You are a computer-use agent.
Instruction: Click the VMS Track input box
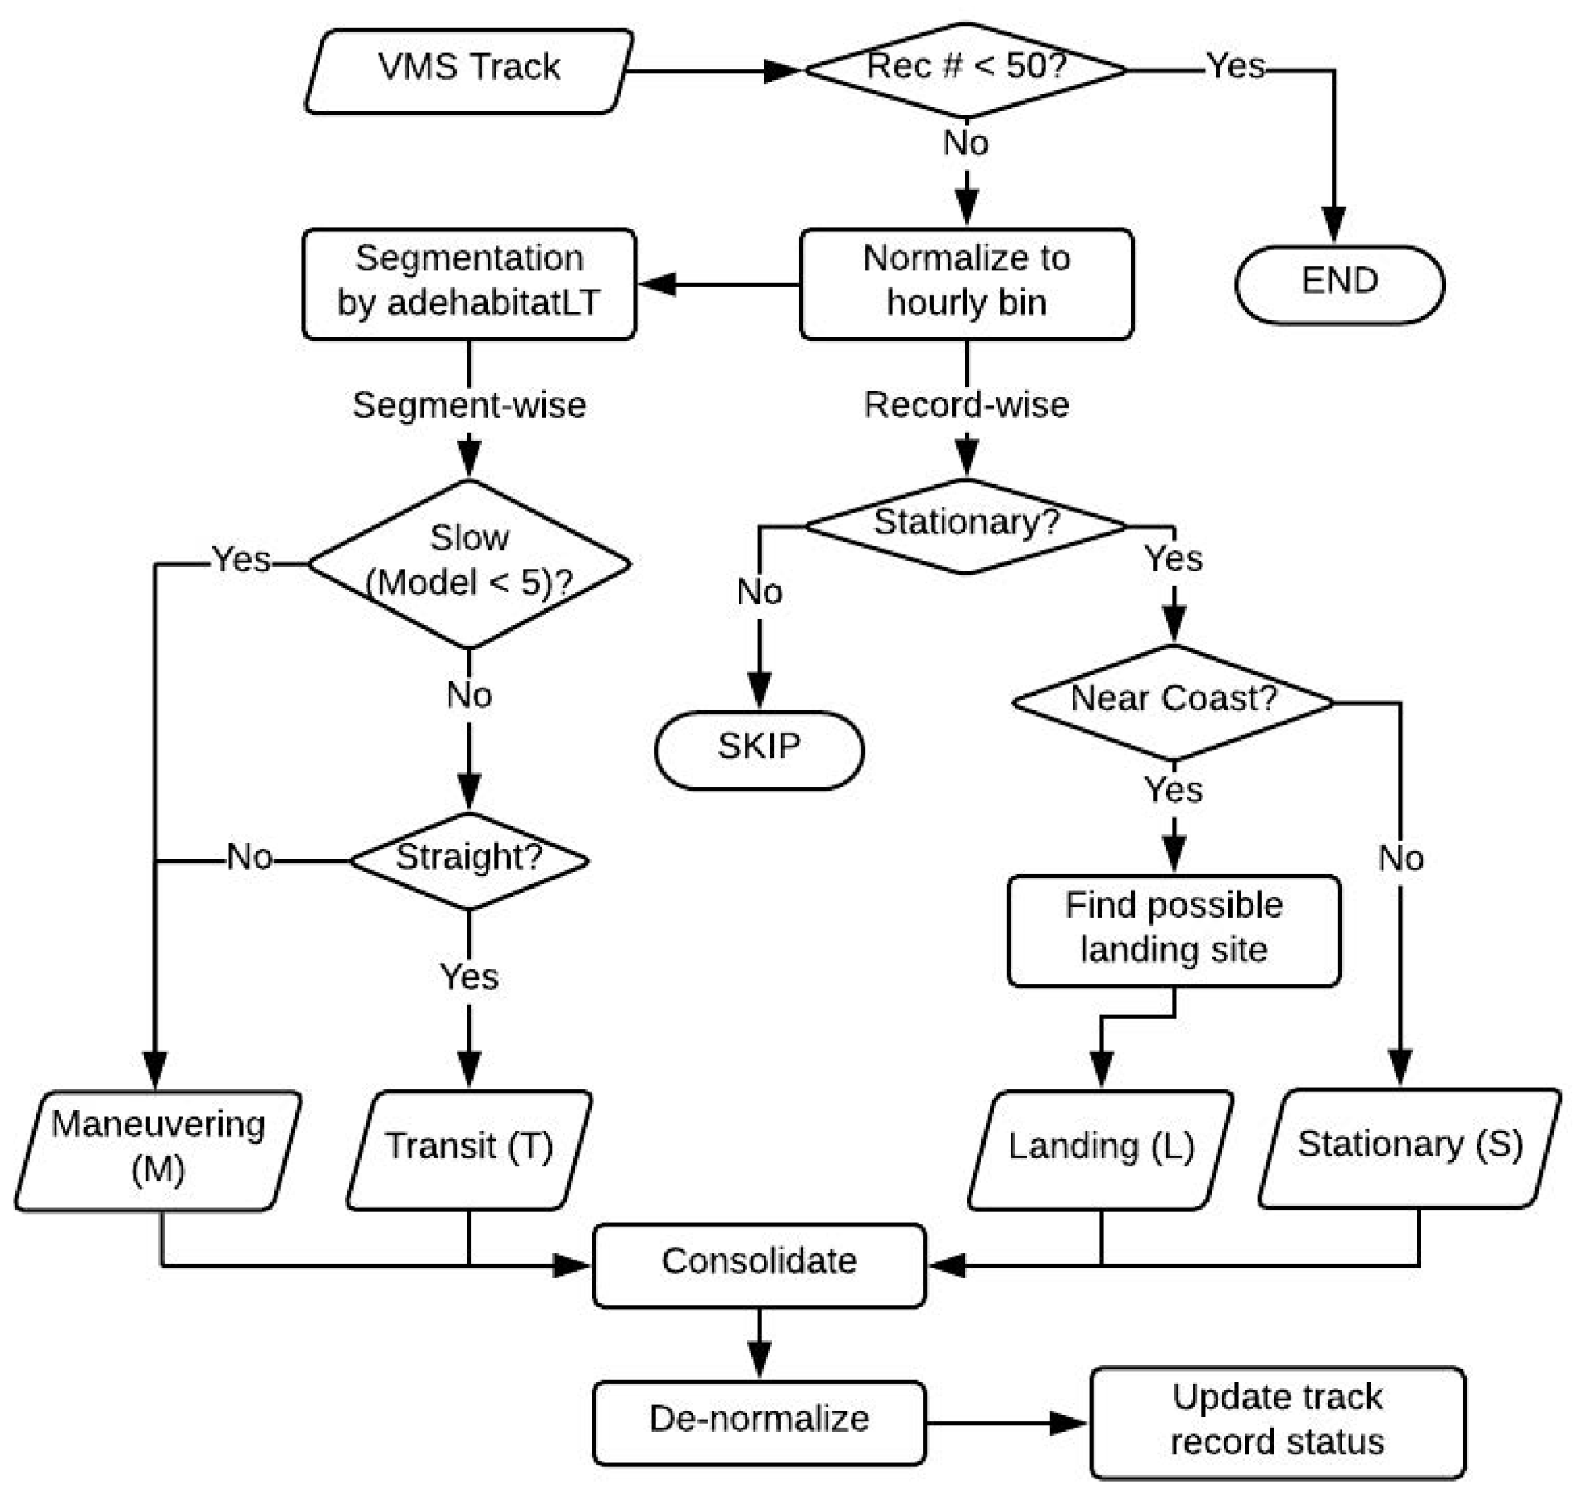[x=468, y=71]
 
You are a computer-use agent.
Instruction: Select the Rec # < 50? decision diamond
[x=966, y=70]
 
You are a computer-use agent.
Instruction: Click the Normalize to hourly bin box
[x=966, y=283]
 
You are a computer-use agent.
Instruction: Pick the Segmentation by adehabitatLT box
[x=469, y=283]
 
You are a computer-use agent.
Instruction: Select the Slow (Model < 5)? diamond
[x=469, y=562]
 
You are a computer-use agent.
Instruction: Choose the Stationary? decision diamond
[x=966, y=525]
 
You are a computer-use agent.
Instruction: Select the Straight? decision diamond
[x=469, y=860]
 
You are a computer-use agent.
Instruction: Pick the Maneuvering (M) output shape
[x=158, y=1150]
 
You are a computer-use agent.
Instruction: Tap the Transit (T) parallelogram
[x=469, y=1149]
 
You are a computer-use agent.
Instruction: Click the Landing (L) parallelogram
[x=1100, y=1149]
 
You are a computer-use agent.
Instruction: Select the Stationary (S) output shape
[x=1409, y=1148]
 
